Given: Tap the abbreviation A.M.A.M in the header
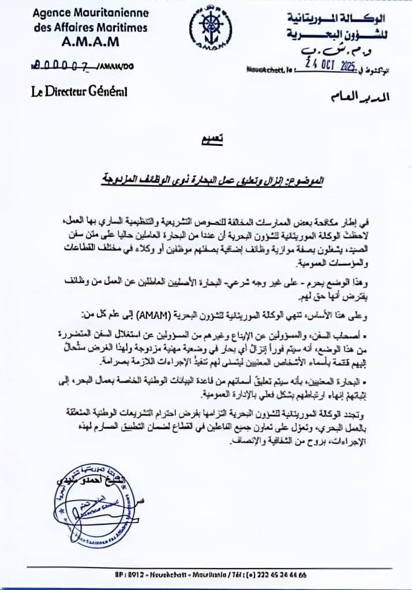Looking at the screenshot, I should click(x=91, y=42).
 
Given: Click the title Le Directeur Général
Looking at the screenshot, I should click(x=79, y=91).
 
